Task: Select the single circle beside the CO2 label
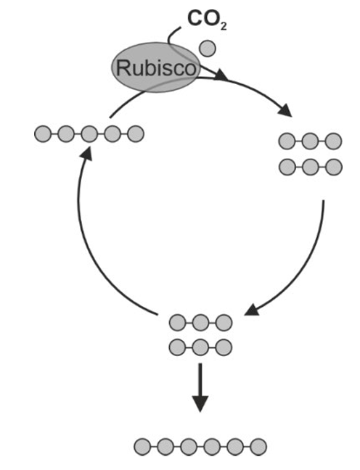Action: coord(208,49)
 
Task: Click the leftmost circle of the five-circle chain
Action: coord(43,133)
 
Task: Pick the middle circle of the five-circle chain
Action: coord(89,133)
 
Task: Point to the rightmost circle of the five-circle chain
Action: coord(135,133)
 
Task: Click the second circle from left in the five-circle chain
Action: coord(66,133)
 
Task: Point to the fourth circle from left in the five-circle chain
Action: coord(112,133)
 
